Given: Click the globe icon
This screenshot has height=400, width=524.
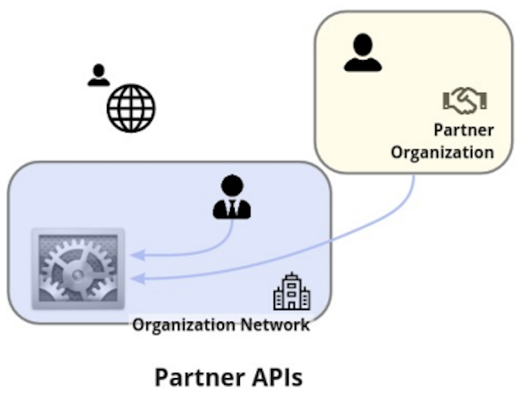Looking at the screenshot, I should (131, 107).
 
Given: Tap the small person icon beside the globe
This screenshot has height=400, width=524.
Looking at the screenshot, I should (98, 75).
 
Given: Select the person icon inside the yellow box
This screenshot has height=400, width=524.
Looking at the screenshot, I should (362, 52).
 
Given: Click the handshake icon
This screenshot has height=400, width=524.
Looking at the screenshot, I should (464, 100).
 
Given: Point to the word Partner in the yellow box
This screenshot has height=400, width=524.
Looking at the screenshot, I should (463, 129).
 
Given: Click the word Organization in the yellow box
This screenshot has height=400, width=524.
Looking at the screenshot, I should (442, 151).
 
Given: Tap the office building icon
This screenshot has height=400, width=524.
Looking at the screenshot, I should (292, 293).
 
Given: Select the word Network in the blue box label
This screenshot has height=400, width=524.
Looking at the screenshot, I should (276, 325).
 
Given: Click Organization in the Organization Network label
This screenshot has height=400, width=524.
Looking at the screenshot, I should (186, 325).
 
